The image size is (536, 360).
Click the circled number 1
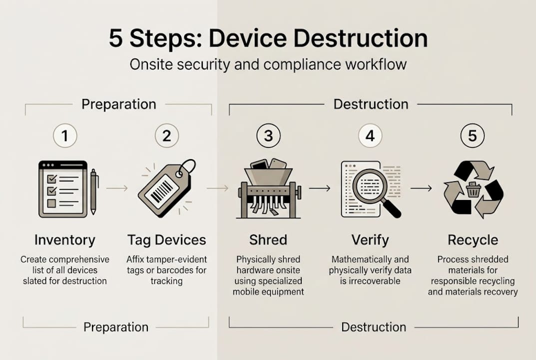65,135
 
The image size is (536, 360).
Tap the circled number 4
370,135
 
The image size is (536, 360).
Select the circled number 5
472,135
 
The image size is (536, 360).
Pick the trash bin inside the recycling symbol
473,190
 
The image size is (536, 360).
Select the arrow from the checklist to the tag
116,188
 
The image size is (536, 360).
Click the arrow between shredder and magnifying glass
319,188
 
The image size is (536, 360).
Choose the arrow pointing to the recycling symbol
421,188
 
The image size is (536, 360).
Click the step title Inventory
64,240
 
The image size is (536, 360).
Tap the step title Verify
370,240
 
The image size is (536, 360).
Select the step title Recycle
473,240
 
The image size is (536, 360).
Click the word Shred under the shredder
268,240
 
